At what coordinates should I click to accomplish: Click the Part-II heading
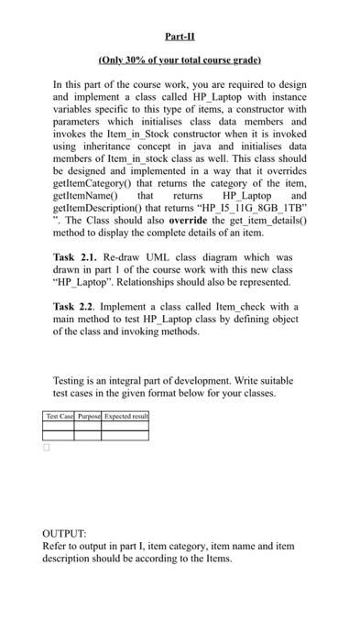tap(180, 37)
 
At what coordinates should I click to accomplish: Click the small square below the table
tap(47, 449)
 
